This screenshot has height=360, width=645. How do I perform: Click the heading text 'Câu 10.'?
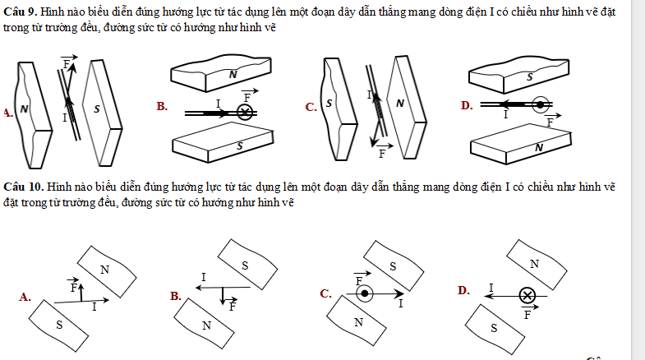[23, 187]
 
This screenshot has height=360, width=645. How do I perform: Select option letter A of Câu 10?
[24, 297]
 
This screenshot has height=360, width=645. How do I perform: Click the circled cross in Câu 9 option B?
[244, 113]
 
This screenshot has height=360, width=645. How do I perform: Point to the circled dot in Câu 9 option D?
[540, 104]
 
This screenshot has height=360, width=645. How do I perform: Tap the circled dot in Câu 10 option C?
[366, 293]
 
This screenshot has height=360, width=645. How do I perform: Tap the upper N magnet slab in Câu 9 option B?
[233, 75]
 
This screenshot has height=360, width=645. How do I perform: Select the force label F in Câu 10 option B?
[233, 307]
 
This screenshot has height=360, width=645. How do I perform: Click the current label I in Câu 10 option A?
[94, 307]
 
